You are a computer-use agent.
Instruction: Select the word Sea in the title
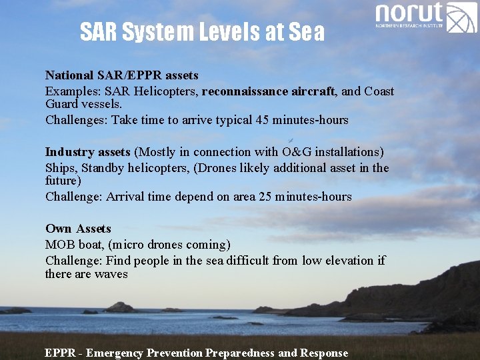pyautogui.click(x=307, y=31)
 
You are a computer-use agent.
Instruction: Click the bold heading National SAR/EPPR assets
pyautogui.click(x=121, y=75)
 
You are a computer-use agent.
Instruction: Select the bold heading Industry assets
pyautogui.click(x=87, y=151)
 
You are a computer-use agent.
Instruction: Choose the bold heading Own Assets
pyautogui.click(x=78, y=229)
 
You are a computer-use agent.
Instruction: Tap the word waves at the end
pyautogui.click(x=111, y=274)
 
